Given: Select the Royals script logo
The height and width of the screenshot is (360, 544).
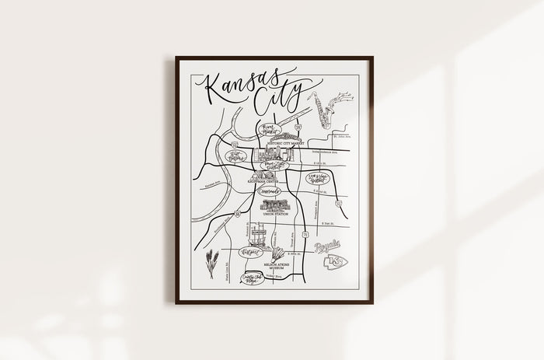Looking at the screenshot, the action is coord(328,248).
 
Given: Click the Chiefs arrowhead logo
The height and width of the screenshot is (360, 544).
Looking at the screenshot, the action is coord(337,262).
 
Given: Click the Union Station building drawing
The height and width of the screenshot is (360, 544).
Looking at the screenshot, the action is coord(274,205).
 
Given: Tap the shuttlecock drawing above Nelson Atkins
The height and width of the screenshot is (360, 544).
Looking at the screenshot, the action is coord(278,253).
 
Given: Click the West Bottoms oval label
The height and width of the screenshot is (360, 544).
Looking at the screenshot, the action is coord(232,156).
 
